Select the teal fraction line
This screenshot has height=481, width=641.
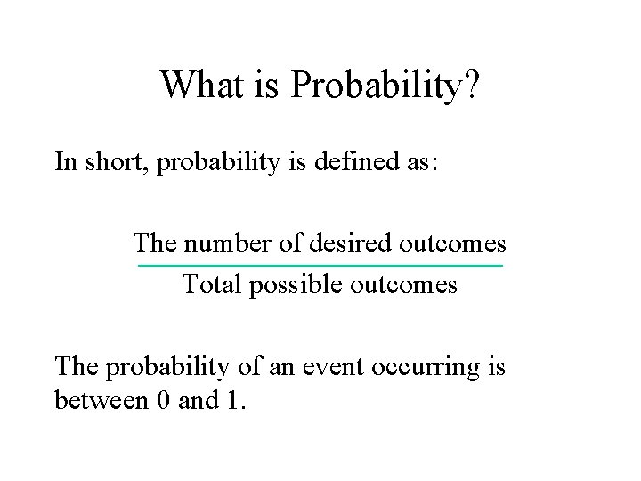point(320,266)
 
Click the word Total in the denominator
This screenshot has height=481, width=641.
point(211,285)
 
